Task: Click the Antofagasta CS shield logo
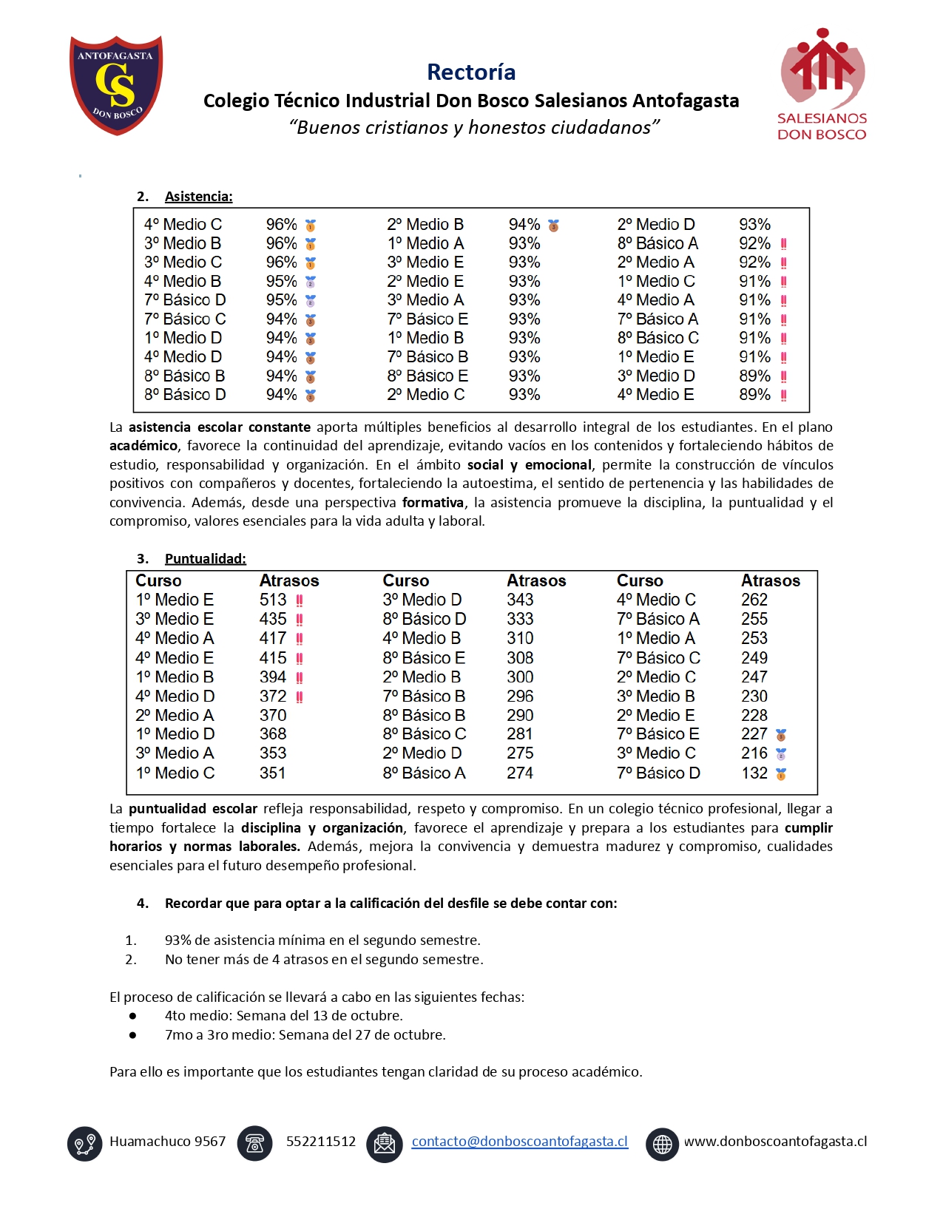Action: pos(116,85)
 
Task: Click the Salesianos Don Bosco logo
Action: pos(822,85)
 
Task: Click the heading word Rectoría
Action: pos(471,72)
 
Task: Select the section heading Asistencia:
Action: pos(198,197)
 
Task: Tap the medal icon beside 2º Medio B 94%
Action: pos(553,226)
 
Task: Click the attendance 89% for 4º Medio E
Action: pos(754,395)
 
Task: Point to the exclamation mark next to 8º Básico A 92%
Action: pos(783,244)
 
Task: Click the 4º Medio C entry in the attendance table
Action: pos(183,225)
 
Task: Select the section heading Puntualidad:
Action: pos(205,559)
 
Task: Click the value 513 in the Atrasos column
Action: pos(273,600)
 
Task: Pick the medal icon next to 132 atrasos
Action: pos(781,774)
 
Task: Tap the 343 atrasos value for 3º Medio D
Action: pos(520,600)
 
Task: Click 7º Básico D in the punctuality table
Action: pos(658,773)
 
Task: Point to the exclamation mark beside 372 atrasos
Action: pos(300,697)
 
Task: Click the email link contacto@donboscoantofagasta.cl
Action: pos(519,1142)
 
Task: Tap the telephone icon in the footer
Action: pos(254,1144)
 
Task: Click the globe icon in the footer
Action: pos(662,1144)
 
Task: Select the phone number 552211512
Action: pos(320,1142)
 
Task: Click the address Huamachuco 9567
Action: pos(167,1142)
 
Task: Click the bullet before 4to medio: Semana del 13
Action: pos(132,1017)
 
